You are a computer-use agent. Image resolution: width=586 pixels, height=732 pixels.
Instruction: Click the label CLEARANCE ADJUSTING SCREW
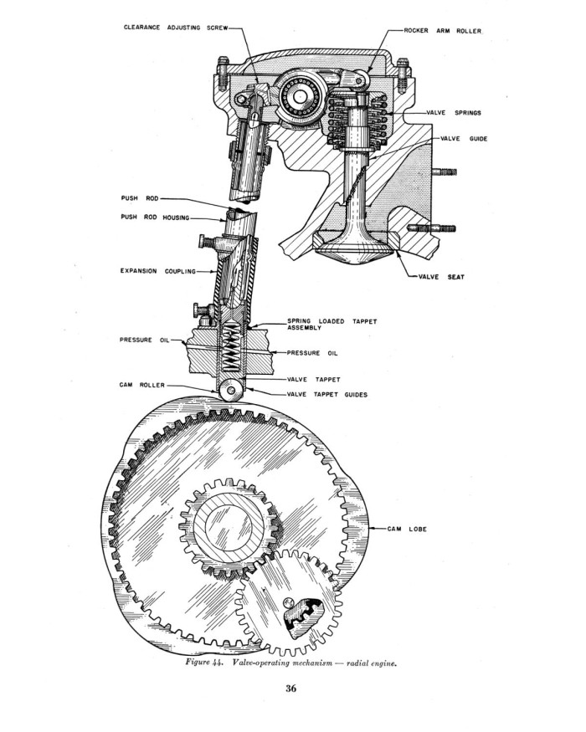176,28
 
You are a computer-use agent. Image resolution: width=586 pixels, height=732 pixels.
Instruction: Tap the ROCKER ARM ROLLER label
443,31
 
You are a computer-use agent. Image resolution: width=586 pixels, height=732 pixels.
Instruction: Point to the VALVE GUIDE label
464,139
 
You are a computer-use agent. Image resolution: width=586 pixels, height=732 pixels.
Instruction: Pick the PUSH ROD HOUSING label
155,218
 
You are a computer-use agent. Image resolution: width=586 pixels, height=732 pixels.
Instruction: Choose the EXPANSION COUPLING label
158,271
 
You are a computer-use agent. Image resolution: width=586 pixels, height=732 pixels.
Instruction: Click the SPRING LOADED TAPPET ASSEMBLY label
332,325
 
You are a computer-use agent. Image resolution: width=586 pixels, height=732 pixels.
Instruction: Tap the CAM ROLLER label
142,385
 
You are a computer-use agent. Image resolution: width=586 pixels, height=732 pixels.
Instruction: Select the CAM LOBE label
407,530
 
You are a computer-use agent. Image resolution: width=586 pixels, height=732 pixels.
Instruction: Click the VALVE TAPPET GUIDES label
327,395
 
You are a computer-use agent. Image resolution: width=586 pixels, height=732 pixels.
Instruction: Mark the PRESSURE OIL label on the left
144,340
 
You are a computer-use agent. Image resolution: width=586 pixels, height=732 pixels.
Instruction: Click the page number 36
291,688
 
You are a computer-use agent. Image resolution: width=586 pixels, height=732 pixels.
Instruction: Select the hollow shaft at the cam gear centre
229,526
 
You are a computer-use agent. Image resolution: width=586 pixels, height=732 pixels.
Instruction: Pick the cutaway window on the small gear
304,617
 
